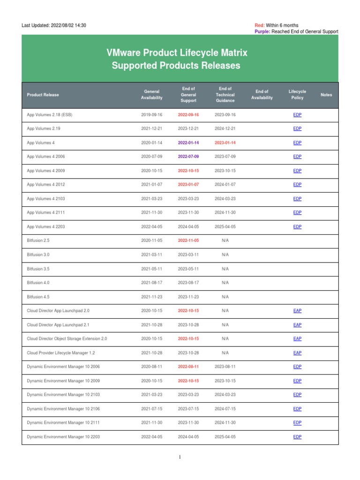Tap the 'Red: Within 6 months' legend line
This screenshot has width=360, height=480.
[x=276, y=25]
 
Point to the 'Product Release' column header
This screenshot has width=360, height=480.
[x=43, y=95]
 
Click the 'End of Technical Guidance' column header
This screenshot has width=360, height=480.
[x=225, y=94]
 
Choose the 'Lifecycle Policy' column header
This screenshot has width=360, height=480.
[x=297, y=94]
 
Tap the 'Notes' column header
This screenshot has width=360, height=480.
[x=326, y=95]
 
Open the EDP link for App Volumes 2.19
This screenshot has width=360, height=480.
[x=297, y=128]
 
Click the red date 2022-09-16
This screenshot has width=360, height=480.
[x=188, y=115]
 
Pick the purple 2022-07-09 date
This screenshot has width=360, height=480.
[x=188, y=157]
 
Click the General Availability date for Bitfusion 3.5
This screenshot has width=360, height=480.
[x=152, y=269]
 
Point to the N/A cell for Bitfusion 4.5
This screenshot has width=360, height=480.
[x=225, y=297]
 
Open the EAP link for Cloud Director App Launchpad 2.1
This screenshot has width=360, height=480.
[x=297, y=325]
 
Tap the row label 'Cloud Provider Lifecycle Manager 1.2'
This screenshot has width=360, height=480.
[x=61, y=352]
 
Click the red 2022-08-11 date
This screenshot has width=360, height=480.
[x=188, y=367]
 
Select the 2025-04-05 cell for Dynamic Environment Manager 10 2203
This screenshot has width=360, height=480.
[x=225, y=437]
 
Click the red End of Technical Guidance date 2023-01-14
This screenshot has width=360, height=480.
[x=225, y=142]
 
